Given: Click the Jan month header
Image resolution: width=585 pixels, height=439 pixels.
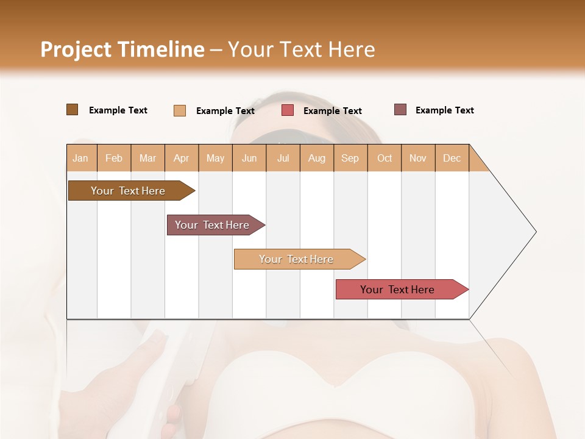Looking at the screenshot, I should [x=80, y=159].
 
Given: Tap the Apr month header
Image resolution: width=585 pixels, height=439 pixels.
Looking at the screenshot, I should [x=181, y=159].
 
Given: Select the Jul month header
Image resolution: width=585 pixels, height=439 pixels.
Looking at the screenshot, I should [x=283, y=159].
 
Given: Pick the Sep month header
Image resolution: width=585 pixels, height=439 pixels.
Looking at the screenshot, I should [x=350, y=159].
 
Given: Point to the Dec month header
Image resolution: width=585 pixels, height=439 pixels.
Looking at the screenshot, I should [x=452, y=159].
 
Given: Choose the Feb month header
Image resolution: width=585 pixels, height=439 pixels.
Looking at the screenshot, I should [x=114, y=159].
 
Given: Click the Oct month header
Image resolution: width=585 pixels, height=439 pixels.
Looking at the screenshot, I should [x=385, y=159].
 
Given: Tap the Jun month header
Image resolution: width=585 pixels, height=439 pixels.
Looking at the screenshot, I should [x=249, y=159].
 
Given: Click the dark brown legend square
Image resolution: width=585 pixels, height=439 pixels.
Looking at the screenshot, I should [x=72, y=110].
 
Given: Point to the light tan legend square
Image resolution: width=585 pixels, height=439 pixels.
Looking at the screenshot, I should [x=179, y=110].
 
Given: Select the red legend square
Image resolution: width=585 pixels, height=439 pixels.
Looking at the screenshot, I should [x=288, y=110].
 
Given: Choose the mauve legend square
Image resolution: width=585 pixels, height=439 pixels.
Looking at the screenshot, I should [x=400, y=110].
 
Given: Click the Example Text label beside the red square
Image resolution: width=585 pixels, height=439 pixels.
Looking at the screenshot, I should [x=332, y=111].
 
